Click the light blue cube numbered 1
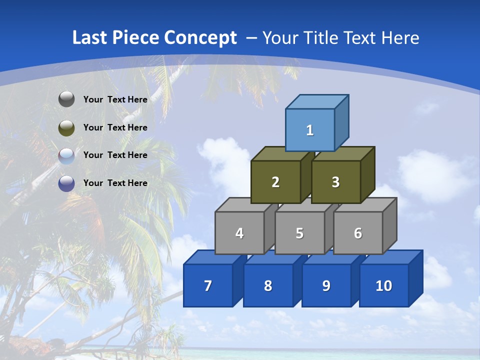point(310,130)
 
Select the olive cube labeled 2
point(275,182)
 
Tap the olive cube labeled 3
point(335,182)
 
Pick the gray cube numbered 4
point(239,233)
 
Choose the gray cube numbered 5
point(299,233)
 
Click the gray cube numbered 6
point(358,233)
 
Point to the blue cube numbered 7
point(208,285)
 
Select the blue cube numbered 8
point(268,285)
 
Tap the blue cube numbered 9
point(326,285)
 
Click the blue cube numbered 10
point(384,285)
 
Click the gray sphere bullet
point(66,99)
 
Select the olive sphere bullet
point(66,127)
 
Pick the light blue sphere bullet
point(66,155)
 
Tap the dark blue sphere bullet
point(66,183)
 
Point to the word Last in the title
point(91,37)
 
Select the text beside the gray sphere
point(115,99)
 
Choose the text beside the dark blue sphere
point(115,183)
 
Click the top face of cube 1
point(317,102)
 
